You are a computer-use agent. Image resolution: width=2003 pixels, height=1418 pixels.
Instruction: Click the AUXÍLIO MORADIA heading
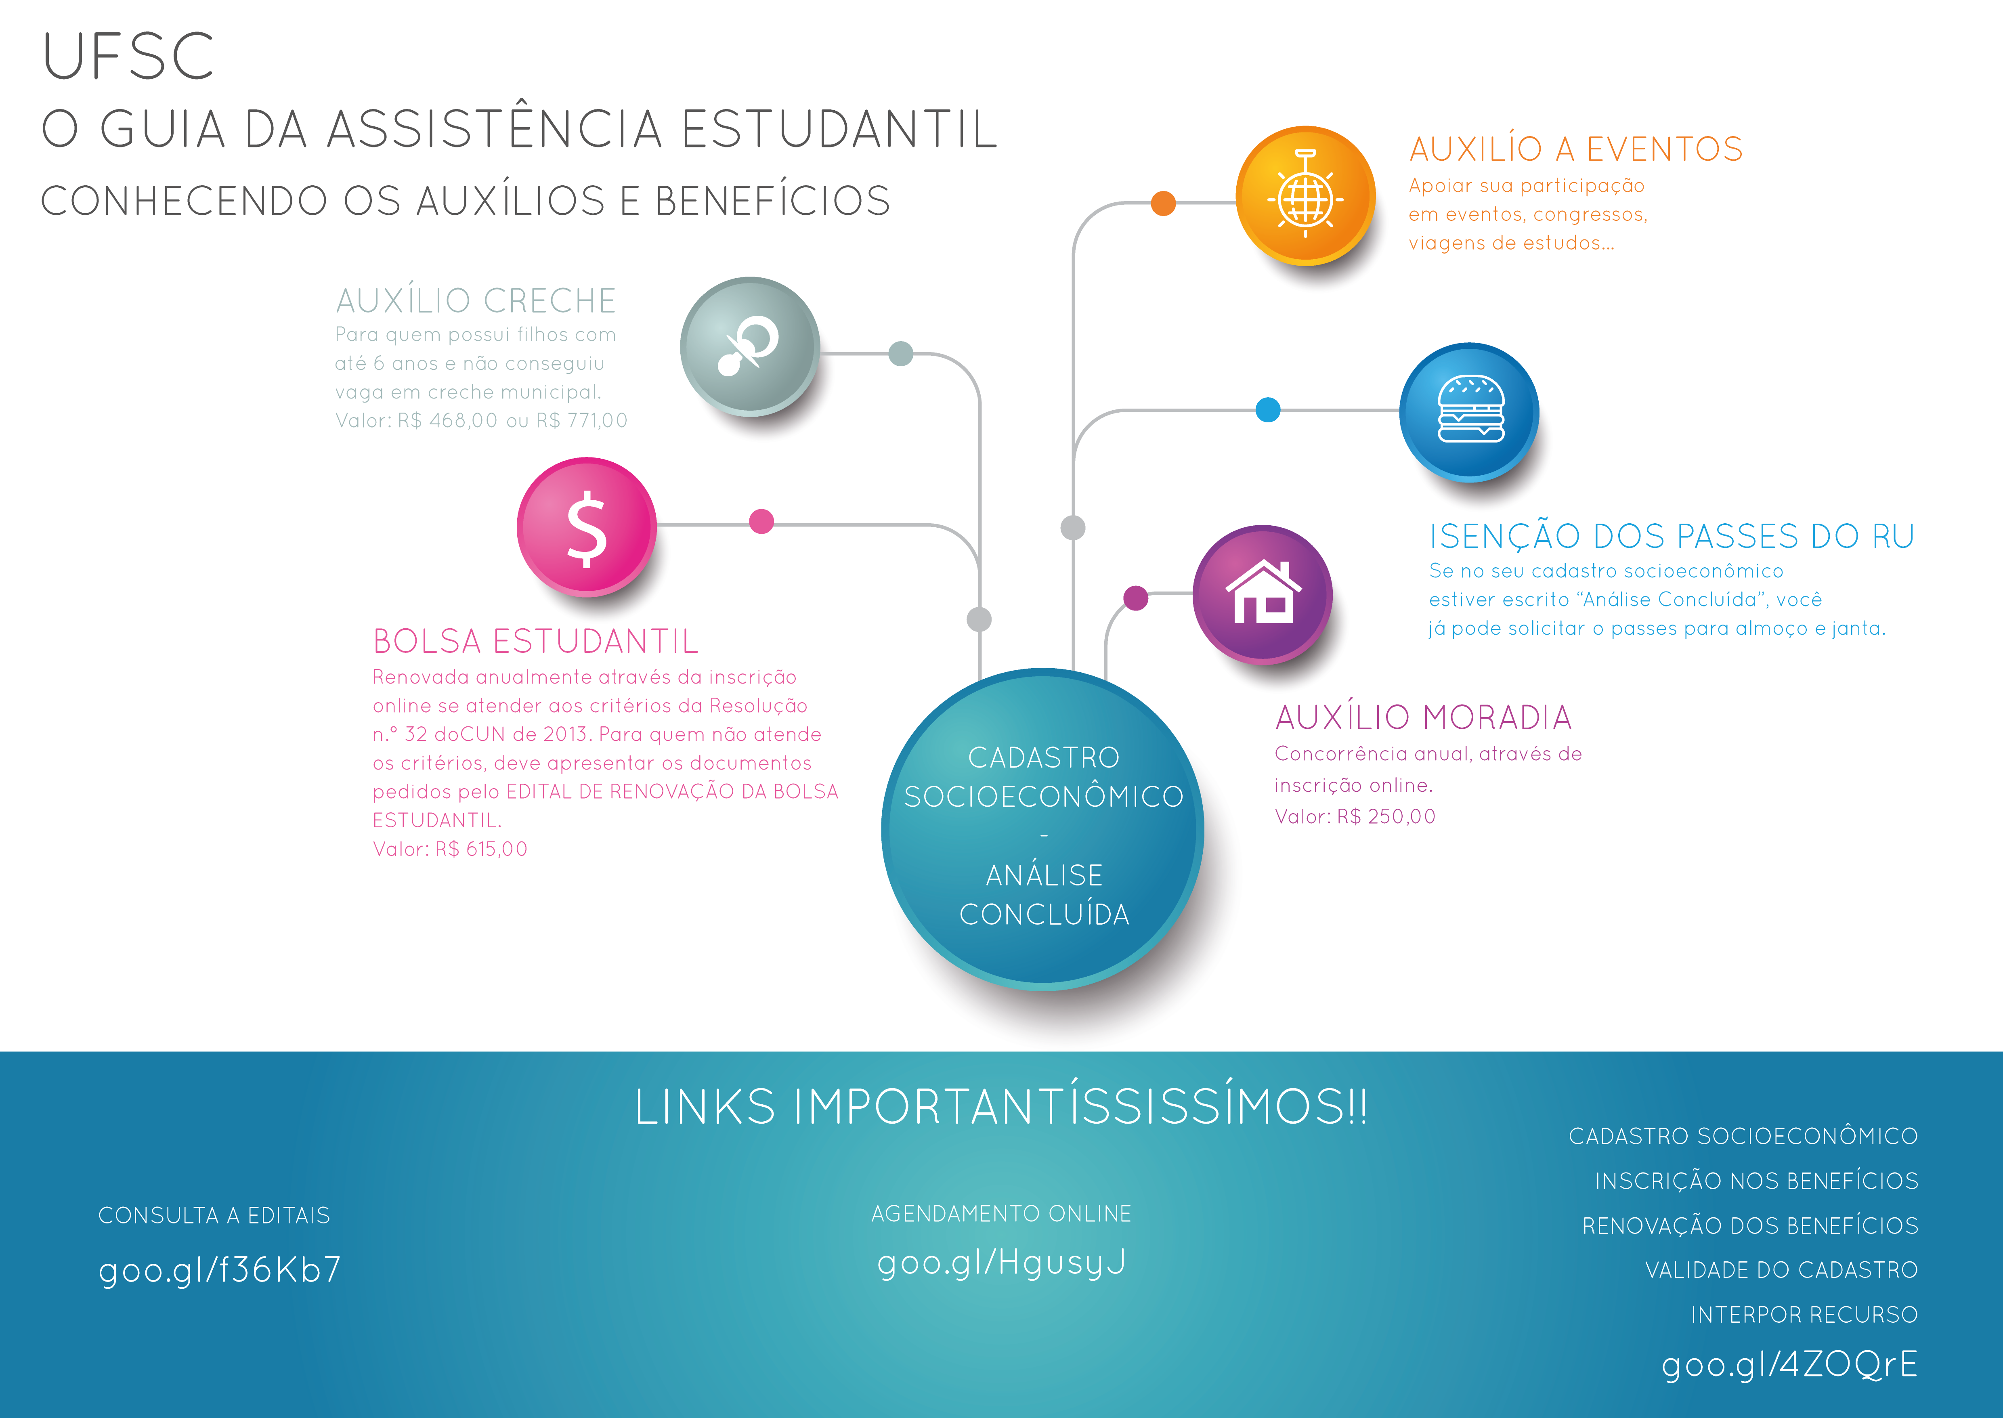click(1423, 718)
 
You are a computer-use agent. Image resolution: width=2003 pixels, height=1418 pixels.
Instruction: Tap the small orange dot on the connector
click(1163, 203)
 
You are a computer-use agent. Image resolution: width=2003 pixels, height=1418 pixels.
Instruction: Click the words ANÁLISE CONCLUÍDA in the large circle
click(1044, 895)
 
